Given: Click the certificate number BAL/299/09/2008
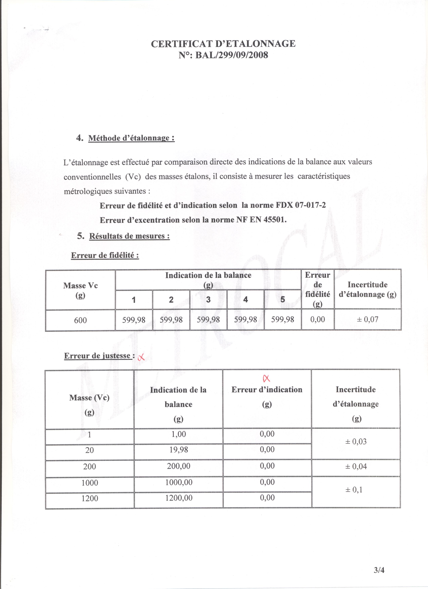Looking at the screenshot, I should coord(231,55).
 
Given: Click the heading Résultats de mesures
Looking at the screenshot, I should coord(129,236).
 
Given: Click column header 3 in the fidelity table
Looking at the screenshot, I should coord(208,299).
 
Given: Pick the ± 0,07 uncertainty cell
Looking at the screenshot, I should coord(367,320).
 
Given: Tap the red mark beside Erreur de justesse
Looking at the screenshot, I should coord(141,357).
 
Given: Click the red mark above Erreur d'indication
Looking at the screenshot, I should coord(267,379).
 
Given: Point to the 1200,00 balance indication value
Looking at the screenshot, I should coord(179,498).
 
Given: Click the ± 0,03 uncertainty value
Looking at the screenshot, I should coord(356,441).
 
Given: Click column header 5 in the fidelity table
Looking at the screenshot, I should coord(282,299).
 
